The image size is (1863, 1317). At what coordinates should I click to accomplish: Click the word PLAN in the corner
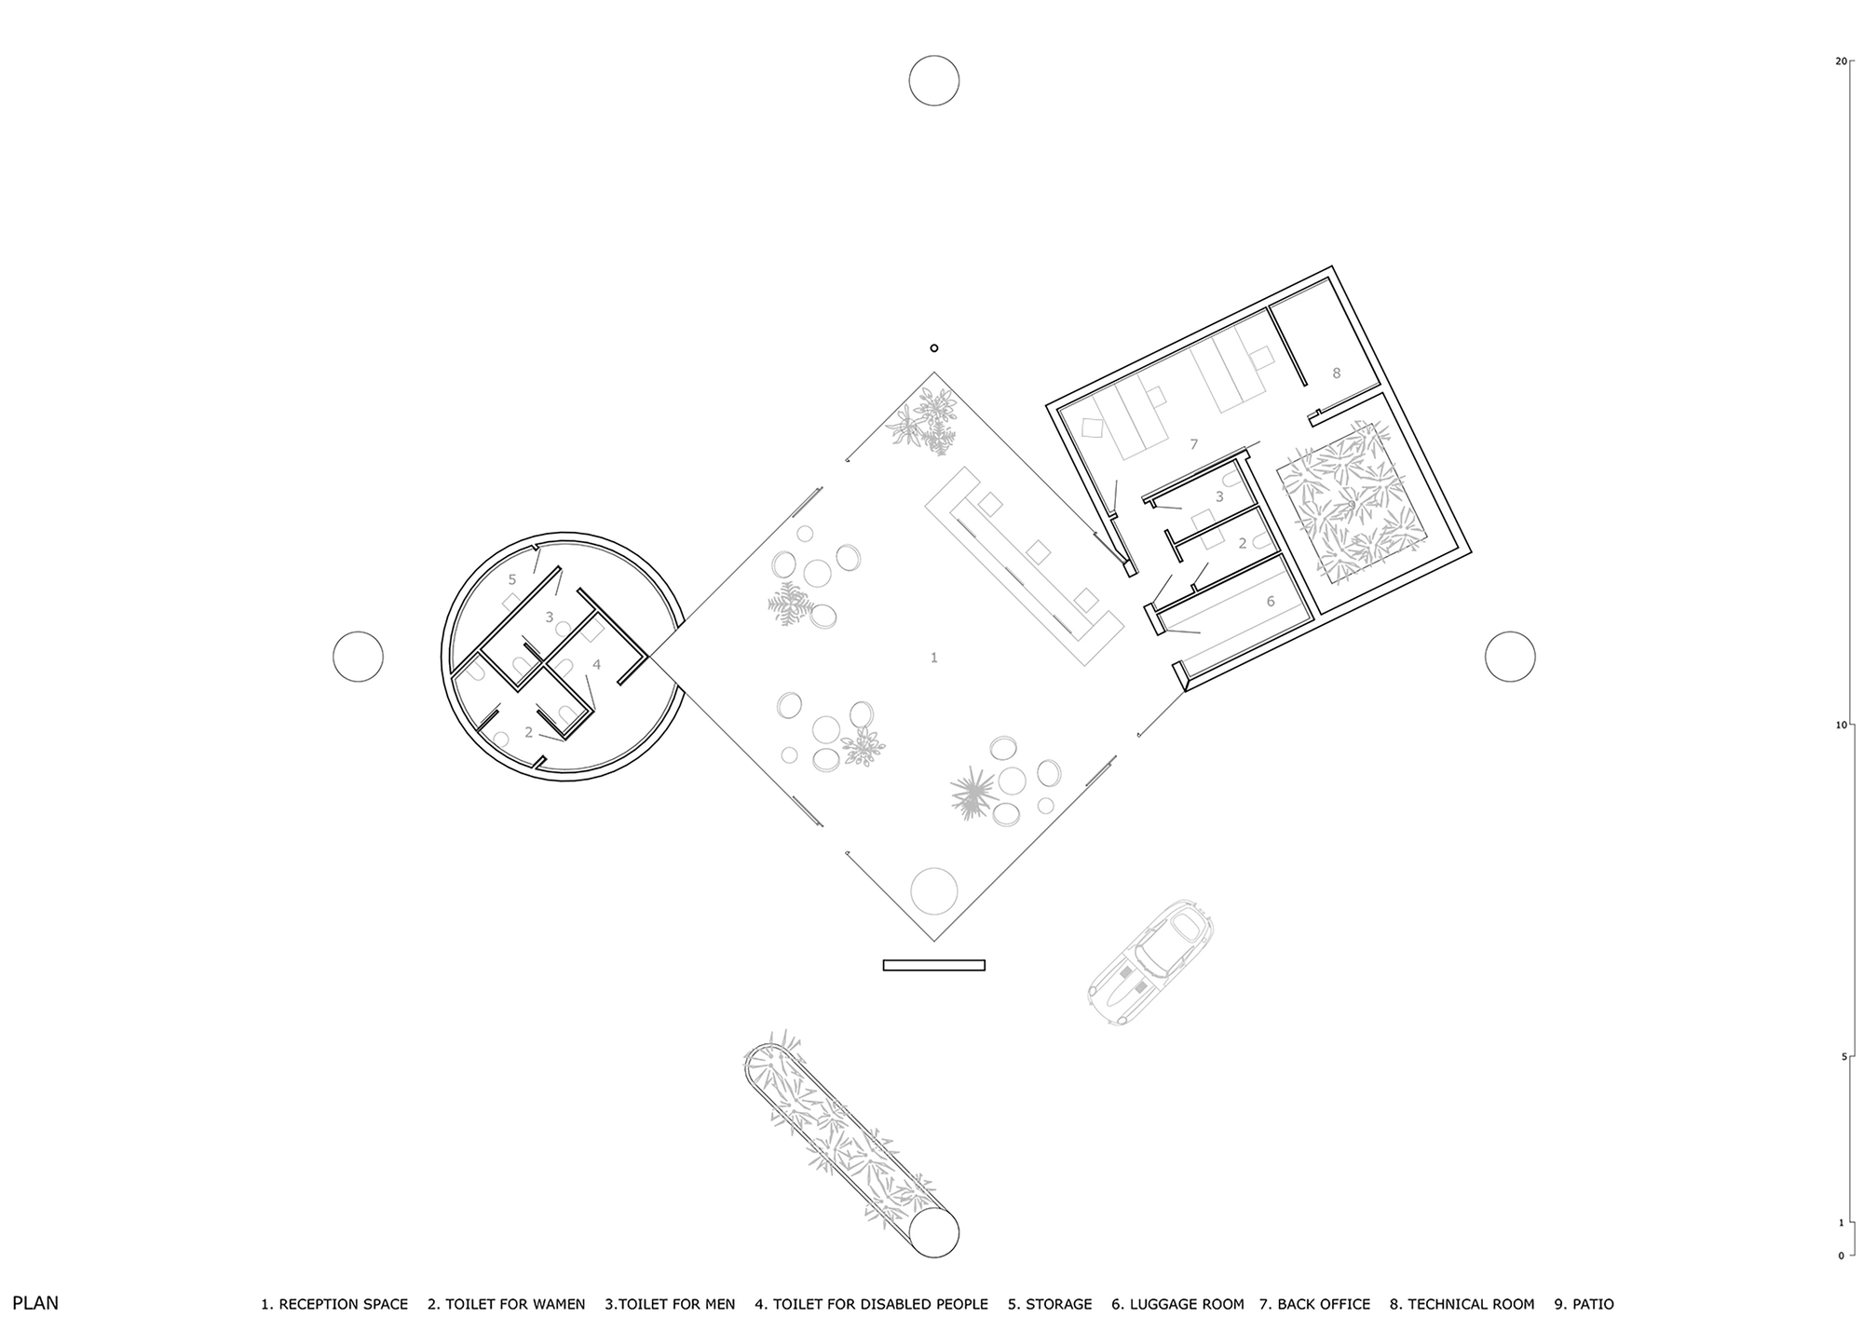pos(35,1303)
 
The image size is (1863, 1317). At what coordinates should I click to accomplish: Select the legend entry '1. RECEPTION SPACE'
pos(334,1304)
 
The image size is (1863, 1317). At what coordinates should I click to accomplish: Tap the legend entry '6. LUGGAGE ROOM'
pos(1177,1304)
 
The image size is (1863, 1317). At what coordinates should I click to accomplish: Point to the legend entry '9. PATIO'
pos(1584,1304)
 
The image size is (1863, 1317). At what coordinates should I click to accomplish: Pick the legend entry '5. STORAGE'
pos(1050,1304)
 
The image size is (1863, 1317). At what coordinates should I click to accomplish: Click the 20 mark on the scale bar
pos(1840,61)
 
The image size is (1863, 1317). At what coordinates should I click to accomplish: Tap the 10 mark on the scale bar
pos(1840,725)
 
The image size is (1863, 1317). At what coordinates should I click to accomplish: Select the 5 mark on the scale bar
pos(1842,1056)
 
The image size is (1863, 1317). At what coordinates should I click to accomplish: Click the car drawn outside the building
pos(1151,962)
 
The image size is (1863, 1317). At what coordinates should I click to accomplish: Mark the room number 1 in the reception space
pos(934,658)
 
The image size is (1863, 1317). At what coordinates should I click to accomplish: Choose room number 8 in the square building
pos(1336,373)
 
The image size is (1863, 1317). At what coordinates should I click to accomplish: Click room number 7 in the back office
pos(1193,445)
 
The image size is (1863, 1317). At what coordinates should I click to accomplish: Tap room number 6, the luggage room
pos(1271,602)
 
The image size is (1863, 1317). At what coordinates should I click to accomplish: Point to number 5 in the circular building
pos(512,579)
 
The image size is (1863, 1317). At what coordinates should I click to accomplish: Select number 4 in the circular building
pos(597,664)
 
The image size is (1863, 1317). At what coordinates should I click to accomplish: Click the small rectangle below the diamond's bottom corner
pos(934,965)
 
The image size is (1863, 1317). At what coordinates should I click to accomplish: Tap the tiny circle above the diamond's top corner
pos(934,348)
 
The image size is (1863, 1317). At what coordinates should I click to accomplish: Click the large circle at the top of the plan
pos(934,80)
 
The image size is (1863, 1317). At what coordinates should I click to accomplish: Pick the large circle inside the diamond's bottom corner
pos(933,890)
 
